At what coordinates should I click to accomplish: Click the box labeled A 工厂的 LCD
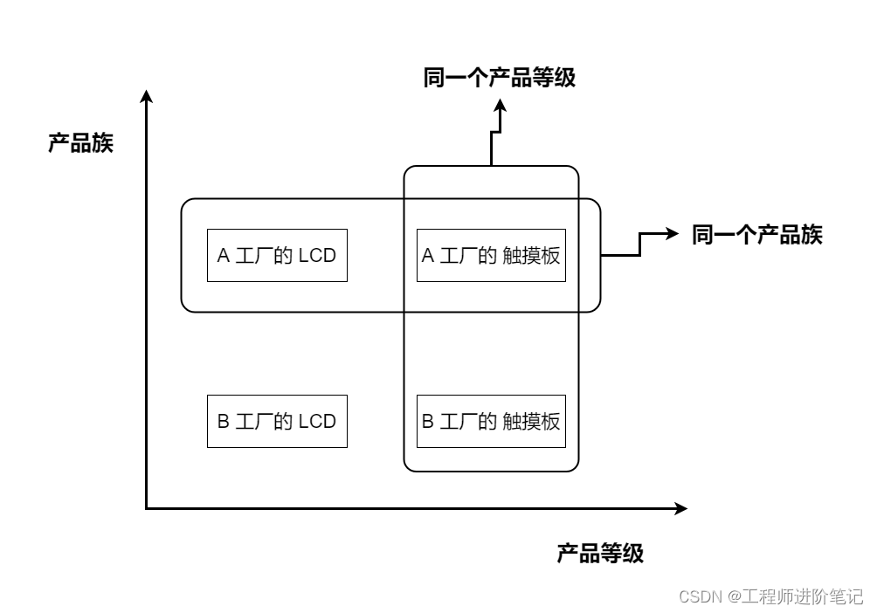coord(277,255)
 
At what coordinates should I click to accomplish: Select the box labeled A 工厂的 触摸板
coord(491,255)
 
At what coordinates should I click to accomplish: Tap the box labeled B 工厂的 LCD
coord(277,421)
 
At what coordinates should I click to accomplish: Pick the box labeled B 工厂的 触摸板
coord(491,421)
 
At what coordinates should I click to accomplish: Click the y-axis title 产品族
coord(80,143)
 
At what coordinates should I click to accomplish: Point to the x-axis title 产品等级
coord(600,553)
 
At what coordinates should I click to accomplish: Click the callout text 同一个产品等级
coord(499,78)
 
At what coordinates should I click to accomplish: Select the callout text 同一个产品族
coord(756,234)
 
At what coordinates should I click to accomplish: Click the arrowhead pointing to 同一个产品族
coord(673,233)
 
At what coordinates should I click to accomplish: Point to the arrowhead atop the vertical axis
coord(147,96)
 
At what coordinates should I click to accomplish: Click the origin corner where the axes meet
coord(147,507)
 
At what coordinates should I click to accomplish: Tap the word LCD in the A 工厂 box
coord(317,256)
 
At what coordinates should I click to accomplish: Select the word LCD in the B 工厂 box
coord(317,422)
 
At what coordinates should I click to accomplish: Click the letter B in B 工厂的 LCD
coord(223,422)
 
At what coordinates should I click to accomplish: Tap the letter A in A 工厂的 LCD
coord(223,256)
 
